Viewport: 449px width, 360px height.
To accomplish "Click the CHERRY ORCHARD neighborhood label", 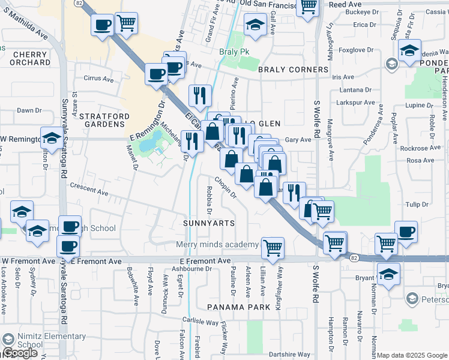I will point(31,58).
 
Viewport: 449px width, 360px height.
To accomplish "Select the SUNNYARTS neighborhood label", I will point(209,223).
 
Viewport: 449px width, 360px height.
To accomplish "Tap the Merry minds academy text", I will point(217,245).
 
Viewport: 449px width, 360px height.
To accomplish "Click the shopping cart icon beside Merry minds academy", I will point(273,247).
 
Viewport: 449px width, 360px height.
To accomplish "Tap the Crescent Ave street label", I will point(88,190).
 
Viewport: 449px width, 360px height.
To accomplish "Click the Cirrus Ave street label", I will point(99,79).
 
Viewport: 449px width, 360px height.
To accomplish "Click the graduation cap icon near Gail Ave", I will point(255,26).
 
